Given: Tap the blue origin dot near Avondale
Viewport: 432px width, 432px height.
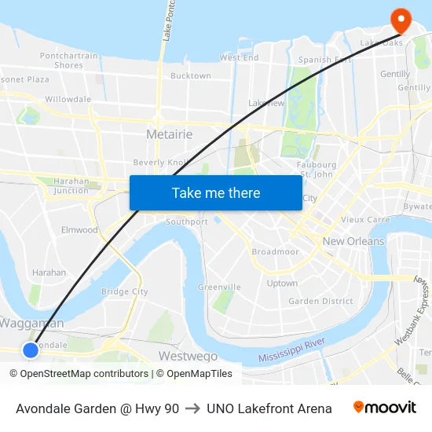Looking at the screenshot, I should click(30, 350).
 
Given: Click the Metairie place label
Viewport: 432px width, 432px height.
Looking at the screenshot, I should click(169, 134).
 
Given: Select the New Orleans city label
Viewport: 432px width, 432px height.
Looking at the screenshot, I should click(353, 241).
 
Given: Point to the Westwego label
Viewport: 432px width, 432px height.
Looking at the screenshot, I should click(188, 356).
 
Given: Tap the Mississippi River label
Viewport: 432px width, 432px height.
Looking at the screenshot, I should click(291, 350).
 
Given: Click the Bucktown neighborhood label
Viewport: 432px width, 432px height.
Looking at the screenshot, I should click(191, 76).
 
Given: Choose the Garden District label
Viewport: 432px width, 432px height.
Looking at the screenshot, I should click(320, 301).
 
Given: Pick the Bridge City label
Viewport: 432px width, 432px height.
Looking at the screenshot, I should click(124, 291).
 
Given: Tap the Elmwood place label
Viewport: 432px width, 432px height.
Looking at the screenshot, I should click(80, 230).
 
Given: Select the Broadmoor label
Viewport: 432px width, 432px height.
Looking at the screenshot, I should click(275, 251).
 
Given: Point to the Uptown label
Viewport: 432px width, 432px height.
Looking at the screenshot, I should click(282, 283).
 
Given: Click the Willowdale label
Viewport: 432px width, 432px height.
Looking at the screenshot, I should click(68, 99).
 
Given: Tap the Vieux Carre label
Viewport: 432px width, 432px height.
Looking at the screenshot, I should click(365, 220).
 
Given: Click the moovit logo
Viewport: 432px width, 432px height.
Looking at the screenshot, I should click(385, 408).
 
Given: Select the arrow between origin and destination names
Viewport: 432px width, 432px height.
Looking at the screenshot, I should click(192, 408).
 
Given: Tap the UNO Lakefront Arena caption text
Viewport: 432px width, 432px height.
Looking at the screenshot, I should click(269, 408).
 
